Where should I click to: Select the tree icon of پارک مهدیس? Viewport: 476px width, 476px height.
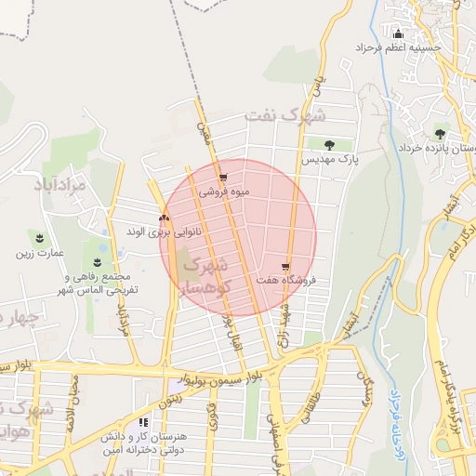(329, 144)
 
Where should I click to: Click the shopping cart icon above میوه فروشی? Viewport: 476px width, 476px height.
(222, 178)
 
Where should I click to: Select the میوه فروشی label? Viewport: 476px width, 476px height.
(222, 192)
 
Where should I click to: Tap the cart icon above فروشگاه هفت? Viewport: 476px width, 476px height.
(284, 266)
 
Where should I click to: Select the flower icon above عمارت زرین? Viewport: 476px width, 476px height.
(40, 238)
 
